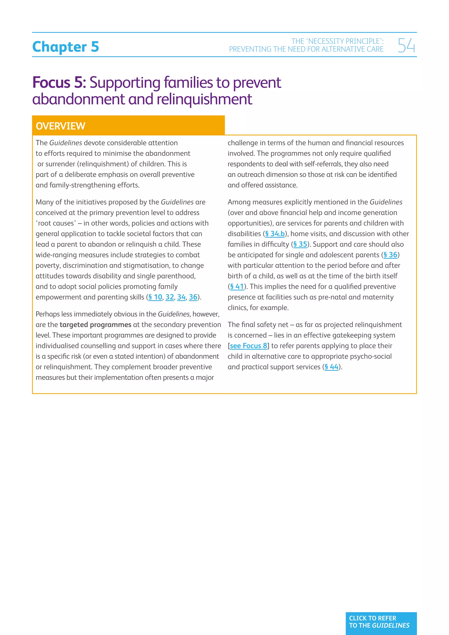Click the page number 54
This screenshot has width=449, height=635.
(406, 45)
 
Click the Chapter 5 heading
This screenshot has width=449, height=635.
(66, 46)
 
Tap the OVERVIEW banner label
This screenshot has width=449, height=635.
(61, 126)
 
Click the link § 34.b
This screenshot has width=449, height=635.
(275, 234)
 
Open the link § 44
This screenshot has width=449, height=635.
(331, 367)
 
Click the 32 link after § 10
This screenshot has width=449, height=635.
(169, 297)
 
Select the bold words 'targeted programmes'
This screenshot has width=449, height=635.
(95, 325)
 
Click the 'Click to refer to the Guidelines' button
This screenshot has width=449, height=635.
(381, 622)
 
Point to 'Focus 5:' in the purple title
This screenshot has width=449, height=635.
(59, 82)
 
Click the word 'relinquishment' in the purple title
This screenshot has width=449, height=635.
(204, 99)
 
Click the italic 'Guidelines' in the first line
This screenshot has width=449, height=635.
(66, 143)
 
